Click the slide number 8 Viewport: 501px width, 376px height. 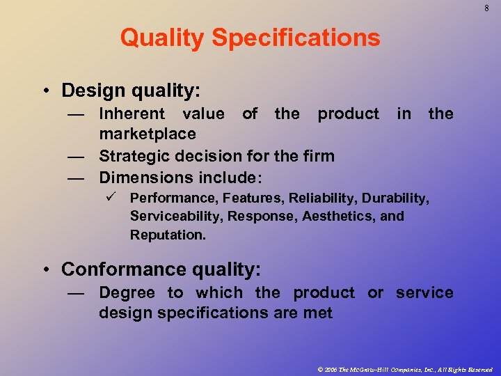pos(486,9)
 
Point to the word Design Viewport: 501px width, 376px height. pos(91,91)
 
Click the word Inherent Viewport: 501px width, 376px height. pos(132,113)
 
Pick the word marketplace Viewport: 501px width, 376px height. pos(148,133)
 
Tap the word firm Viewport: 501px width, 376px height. pos(319,156)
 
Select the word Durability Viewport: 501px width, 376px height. pos(396,198)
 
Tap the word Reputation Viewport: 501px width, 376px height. pos(168,235)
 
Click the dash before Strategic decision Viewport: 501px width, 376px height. pos(76,156)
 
